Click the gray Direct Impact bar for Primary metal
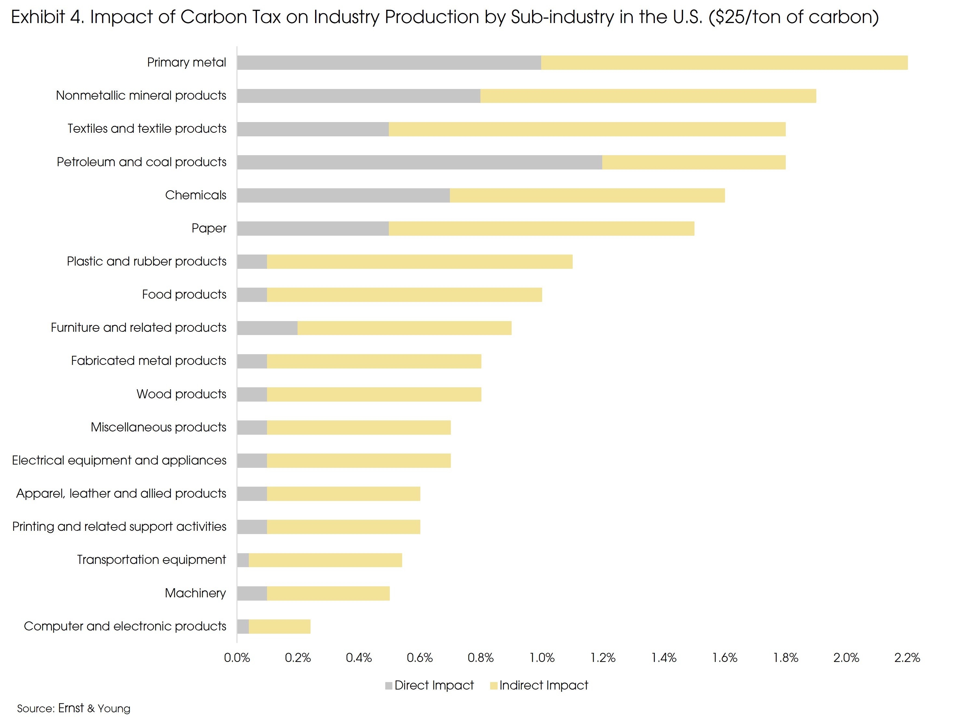point(389,63)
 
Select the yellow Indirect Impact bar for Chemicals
point(587,195)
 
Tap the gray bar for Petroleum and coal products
point(420,162)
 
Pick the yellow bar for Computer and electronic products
point(280,626)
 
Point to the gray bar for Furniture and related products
point(267,328)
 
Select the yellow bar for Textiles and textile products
point(587,129)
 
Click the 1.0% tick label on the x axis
point(541,657)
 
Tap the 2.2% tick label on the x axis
point(907,657)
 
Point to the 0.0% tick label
point(237,657)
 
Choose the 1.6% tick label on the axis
point(724,657)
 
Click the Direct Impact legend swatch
point(388,686)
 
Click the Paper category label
point(209,228)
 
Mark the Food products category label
point(184,294)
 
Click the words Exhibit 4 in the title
point(47,17)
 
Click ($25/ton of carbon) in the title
point(794,17)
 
